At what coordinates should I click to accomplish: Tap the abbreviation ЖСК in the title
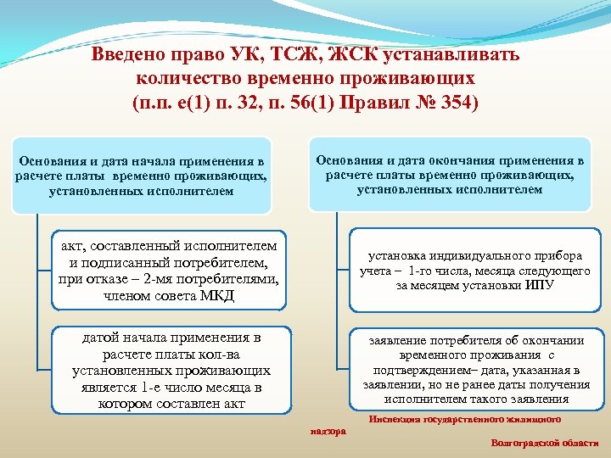pyautogui.click(x=349, y=55)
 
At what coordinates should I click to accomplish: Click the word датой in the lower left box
pyautogui.click(x=104, y=338)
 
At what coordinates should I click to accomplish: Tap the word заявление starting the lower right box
pyautogui.click(x=401, y=341)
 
